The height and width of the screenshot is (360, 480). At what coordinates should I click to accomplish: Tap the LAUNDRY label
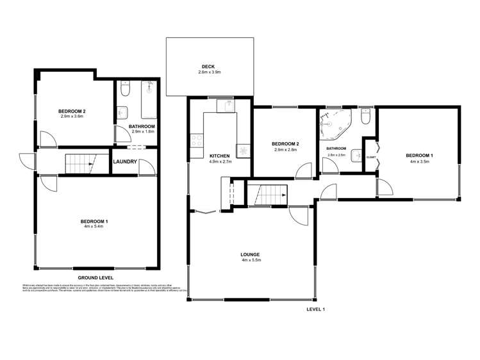125,161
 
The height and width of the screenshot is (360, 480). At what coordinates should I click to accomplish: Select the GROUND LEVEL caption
95,277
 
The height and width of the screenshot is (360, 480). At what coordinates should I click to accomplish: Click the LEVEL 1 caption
316,309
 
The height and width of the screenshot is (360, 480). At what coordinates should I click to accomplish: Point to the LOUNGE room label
251,254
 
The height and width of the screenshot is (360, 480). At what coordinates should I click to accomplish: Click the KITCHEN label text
220,156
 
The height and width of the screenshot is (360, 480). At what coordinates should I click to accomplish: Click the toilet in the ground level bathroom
125,86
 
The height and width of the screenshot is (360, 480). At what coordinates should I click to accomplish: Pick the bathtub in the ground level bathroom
149,99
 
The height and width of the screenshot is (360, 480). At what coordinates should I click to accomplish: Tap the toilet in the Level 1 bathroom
365,117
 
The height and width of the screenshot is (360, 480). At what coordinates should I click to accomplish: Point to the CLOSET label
370,157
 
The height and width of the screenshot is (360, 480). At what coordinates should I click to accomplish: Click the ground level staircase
79,163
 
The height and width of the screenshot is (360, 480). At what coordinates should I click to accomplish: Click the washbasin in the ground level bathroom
122,111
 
